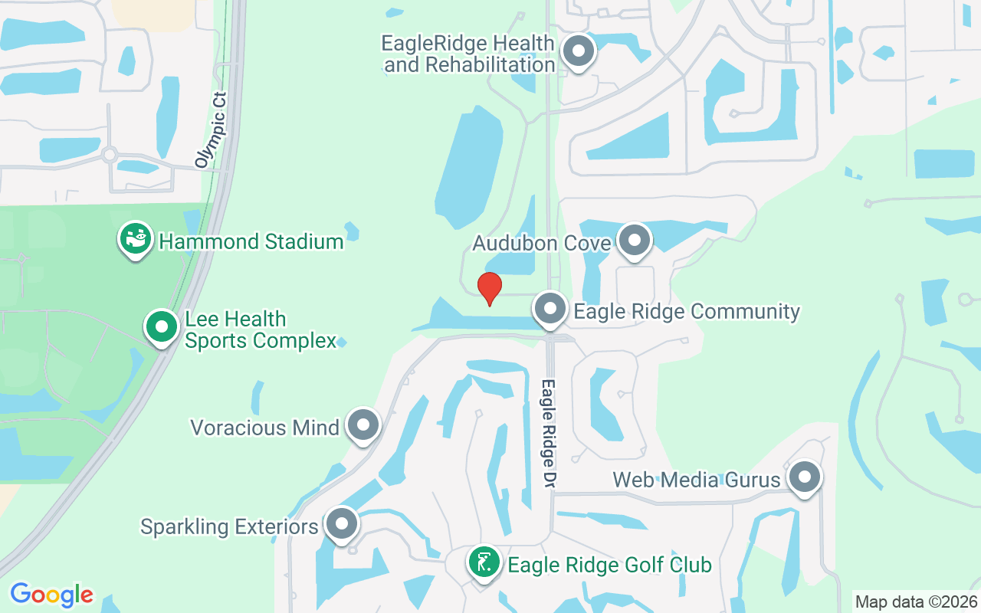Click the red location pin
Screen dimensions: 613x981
(489, 288)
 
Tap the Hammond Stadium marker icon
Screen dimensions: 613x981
(136, 240)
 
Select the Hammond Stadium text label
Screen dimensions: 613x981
(251, 242)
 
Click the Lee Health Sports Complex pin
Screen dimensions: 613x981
(162, 327)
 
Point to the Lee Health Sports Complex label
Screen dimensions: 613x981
(261, 329)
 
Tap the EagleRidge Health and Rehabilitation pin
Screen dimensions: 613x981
(579, 52)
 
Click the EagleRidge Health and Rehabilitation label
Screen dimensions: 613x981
(469, 54)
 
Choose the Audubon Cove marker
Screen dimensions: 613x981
(634, 241)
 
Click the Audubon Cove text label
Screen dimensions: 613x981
(541, 244)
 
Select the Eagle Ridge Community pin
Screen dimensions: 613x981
(550, 310)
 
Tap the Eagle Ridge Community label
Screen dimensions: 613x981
(687, 312)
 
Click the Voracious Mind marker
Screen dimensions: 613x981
(363, 425)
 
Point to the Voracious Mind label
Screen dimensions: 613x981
(264, 428)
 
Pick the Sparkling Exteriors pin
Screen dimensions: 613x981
(341, 525)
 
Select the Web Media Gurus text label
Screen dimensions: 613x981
(696, 480)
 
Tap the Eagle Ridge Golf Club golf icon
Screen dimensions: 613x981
(484, 564)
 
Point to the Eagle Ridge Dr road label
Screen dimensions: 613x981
(549, 434)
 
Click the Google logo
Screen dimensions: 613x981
(52, 594)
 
